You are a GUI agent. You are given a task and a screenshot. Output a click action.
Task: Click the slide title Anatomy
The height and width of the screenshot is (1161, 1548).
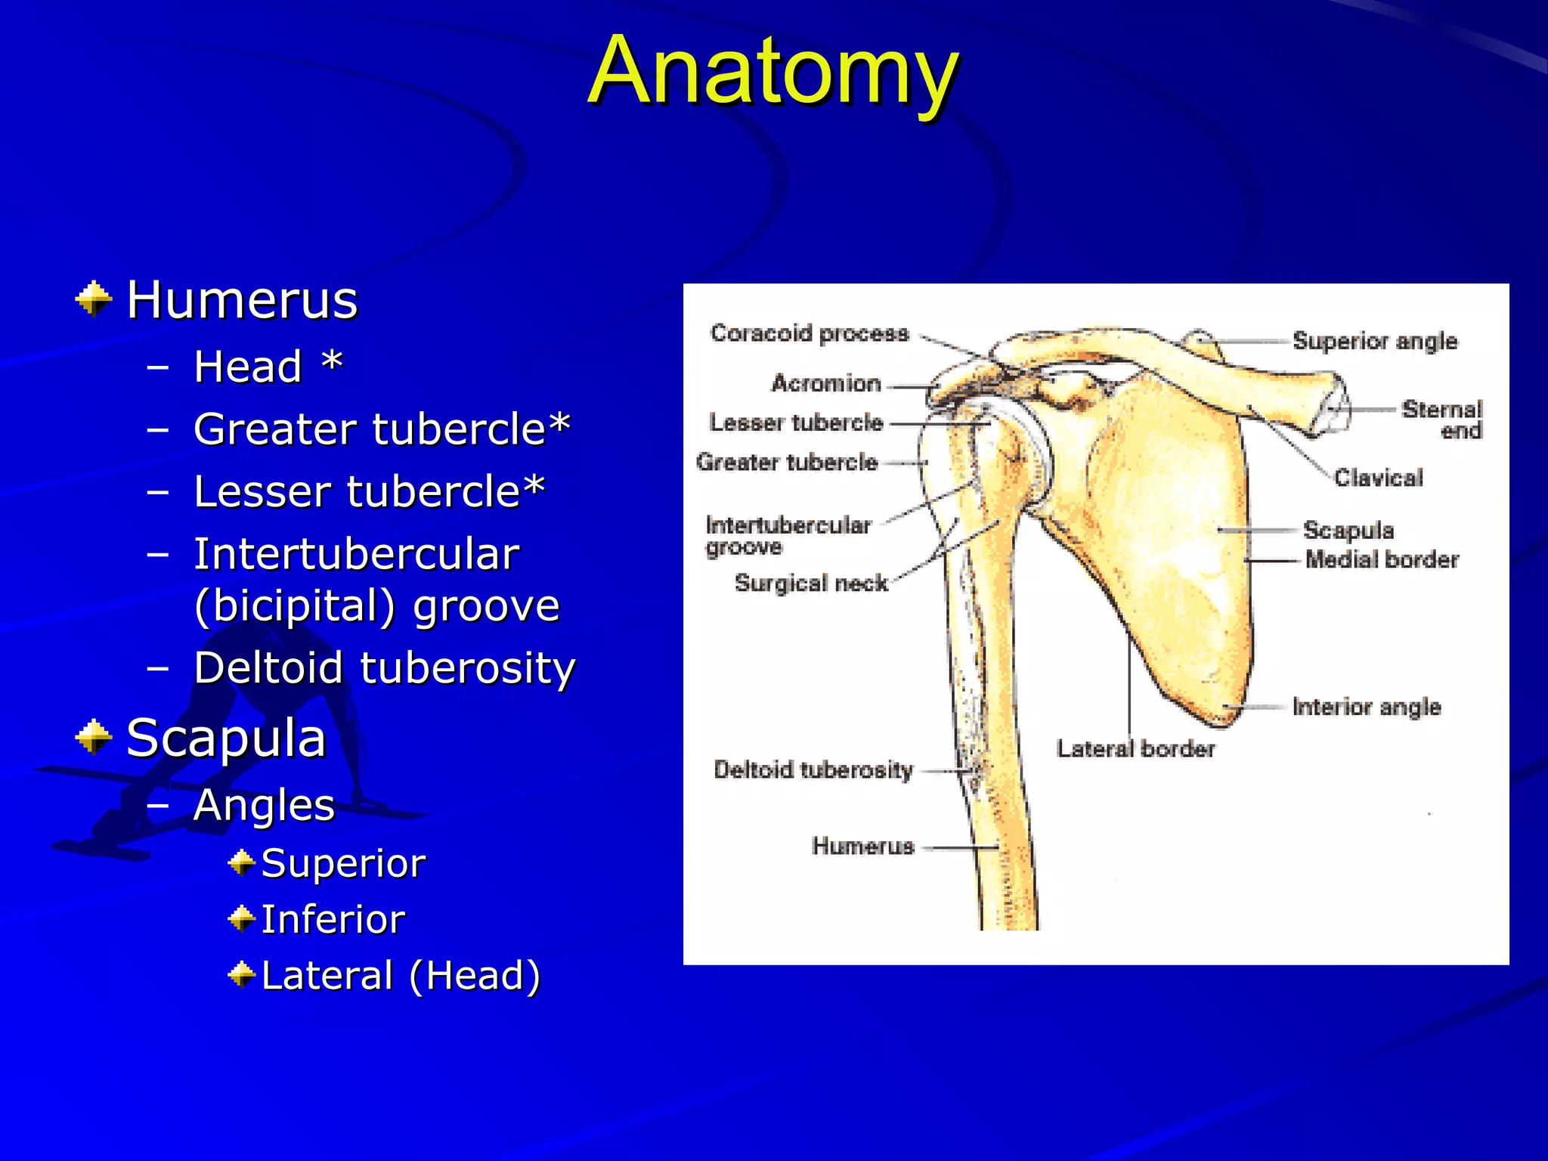click(x=773, y=71)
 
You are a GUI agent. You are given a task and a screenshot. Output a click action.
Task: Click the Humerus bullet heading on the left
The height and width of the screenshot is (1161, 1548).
click(x=242, y=300)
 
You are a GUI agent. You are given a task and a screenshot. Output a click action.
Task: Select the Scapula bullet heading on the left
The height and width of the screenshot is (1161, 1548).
click(x=226, y=738)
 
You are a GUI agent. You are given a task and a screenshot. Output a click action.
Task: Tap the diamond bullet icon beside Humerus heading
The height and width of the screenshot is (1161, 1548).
click(x=94, y=299)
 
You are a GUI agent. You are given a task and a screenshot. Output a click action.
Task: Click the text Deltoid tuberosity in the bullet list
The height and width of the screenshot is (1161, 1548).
click(x=384, y=668)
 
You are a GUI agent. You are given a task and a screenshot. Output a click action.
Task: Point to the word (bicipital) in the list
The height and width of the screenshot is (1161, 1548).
click(x=295, y=606)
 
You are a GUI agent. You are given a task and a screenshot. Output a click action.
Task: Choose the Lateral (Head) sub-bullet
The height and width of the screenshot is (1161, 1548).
click(x=401, y=975)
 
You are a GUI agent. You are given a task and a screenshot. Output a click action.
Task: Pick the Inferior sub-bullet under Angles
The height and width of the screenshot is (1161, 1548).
click(x=333, y=920)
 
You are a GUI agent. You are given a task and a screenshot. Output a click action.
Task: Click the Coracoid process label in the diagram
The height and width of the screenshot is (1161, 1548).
click(x=810, y=333)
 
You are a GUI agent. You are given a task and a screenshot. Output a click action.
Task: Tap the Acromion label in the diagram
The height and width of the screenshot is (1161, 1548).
click(x=826, y=383)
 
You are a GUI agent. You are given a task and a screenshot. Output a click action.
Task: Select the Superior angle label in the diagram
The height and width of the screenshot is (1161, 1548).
click(x=1375, y=341)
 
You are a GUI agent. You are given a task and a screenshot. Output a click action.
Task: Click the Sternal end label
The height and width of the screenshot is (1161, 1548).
click(x=1442, y=420)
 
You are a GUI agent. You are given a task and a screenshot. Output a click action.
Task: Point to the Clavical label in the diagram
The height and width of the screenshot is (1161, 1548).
click(x=1378, y=478)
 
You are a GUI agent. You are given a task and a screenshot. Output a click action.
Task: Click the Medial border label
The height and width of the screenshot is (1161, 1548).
click(x=1382, y=559)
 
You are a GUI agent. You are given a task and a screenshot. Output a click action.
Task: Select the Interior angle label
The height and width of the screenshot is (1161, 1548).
click(x=1367, y=707)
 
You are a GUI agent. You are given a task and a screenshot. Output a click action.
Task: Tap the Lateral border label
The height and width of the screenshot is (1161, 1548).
click(x=1135, y=749)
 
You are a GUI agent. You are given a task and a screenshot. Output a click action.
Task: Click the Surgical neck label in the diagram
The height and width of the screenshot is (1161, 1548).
click(x=811, y=583)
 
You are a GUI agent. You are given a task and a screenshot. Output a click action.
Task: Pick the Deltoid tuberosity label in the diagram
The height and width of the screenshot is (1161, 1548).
click(x=813, y=770)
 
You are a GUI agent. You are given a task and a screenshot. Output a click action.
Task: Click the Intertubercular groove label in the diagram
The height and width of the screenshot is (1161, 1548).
click(x=788, y=535)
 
